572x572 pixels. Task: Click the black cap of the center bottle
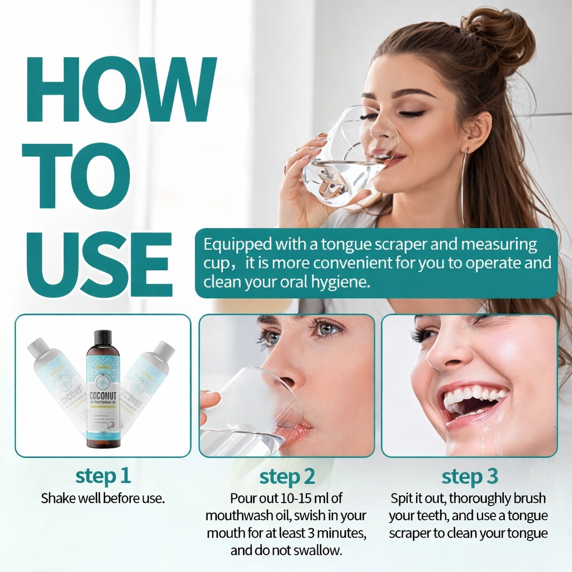click(x=103, y=338)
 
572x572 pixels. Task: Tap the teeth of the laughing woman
click(x=473, y=396)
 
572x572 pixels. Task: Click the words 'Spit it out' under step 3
click(x=417, y=497)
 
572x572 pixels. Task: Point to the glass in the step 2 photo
click(x=246, y=408)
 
